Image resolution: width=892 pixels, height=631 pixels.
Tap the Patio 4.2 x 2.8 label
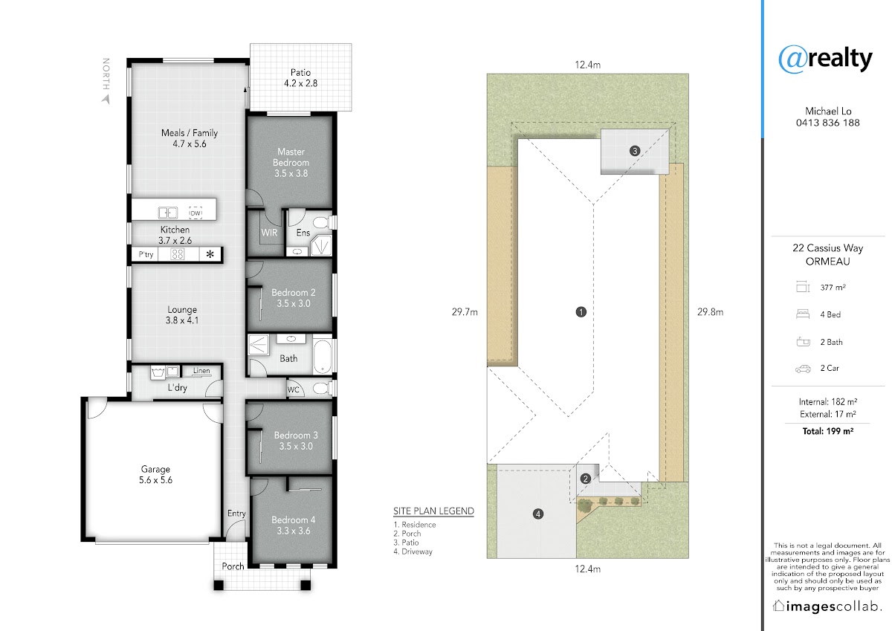[x=300, y=78]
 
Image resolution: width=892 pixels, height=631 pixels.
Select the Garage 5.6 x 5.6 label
[x=155, y=474]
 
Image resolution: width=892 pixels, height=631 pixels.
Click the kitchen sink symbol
[x=168, y=213]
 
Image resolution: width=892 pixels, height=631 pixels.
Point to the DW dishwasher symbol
[x=195, y=213]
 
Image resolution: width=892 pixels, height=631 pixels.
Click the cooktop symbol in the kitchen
[x=177, y=254]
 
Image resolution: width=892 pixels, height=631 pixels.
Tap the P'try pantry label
[x=146, y=254]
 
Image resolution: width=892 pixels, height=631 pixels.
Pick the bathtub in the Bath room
[x=322, y=356]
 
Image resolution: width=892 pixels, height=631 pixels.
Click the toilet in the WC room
[x=322, y=388]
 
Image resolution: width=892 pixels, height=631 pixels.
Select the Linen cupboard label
[x=201, y=371]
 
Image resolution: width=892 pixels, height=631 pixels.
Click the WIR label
[x=269, y=233]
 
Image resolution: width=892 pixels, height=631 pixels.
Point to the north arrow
[x=106, y=99]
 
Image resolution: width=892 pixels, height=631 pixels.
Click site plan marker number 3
[x=635, y=151]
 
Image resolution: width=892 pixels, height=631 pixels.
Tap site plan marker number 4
[x=538, y=514]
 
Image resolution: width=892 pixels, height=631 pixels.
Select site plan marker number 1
[x=581, y=311]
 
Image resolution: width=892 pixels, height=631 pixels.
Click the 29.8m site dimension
[x=710, y=311]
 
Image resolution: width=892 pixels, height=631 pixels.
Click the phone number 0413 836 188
[x=827, y=123]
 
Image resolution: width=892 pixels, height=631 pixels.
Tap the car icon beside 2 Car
[x=803, y=369]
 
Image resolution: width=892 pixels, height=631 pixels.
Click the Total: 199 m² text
[x=828, y=431]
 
